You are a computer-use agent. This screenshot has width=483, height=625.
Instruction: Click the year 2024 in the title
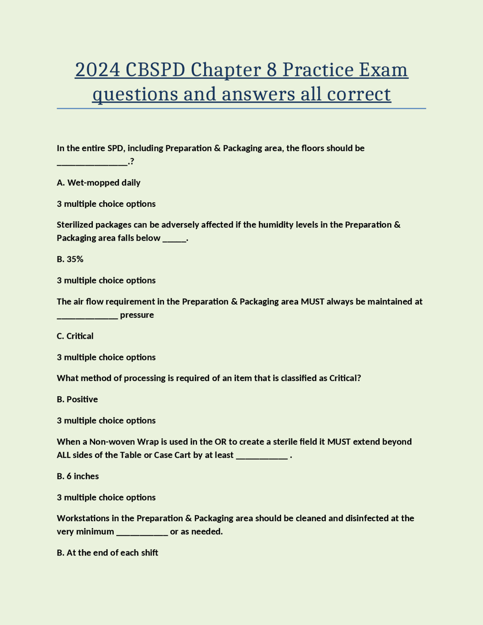pyautogui.click(x=97, y=70)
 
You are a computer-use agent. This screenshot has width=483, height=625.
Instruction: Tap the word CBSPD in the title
pyautogui.click(x=155, y=70)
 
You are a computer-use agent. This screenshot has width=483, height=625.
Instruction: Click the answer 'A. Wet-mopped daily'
pyautogui.click(x=98, y=183)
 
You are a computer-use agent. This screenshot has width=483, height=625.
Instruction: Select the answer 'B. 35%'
pyautogui.click(x=70, y=259)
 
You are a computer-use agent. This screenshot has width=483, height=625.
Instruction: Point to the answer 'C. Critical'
pyautogui.click(x=75, y=336)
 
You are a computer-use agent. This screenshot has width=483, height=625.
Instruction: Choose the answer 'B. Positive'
pyautogui.click(x=77, y=399)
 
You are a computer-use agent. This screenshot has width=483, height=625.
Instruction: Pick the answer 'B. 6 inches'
pyautogui.click(x=78, y=476)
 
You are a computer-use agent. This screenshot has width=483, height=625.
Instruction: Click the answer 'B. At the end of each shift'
pyautogui.click(x=108, y=553)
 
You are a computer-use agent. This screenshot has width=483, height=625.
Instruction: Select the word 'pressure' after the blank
pyautogui.click(x=137, y=315)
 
